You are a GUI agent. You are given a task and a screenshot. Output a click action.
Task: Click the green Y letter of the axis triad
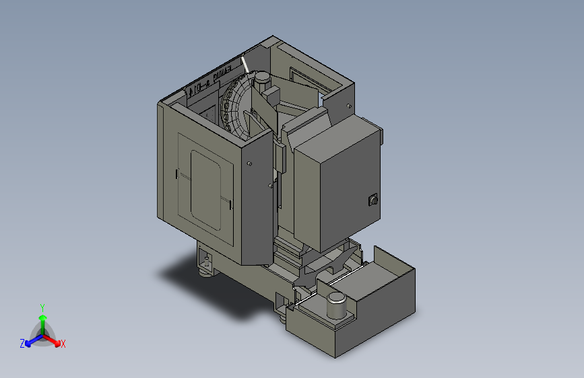point(42,306)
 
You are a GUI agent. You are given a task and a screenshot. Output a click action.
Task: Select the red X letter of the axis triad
point(63,344)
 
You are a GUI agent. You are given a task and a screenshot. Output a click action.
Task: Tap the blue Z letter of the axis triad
point(22,343)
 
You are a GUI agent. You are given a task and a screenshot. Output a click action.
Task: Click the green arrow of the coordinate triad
point(42,319)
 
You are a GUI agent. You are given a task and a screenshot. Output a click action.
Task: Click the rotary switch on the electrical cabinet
point(372,200)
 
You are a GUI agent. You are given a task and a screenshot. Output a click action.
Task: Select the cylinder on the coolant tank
point(337,307)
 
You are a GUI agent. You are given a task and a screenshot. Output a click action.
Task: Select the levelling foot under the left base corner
point(204,271)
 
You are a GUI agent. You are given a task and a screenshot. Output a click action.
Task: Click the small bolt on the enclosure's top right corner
point(348,106)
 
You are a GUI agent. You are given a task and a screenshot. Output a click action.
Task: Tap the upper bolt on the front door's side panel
point(250,163)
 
